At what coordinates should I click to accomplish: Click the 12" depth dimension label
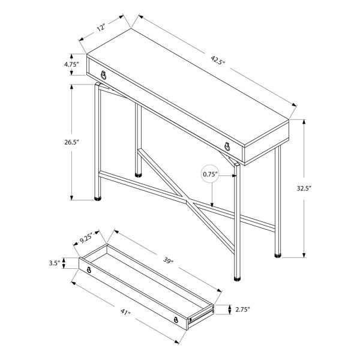click(101, 28)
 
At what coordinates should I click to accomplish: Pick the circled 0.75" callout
click(209, 175)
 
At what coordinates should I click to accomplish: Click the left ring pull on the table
click(104, 76)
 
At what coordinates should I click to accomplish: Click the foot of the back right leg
click(278, 255)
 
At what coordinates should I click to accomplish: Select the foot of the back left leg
click(140, 175)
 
